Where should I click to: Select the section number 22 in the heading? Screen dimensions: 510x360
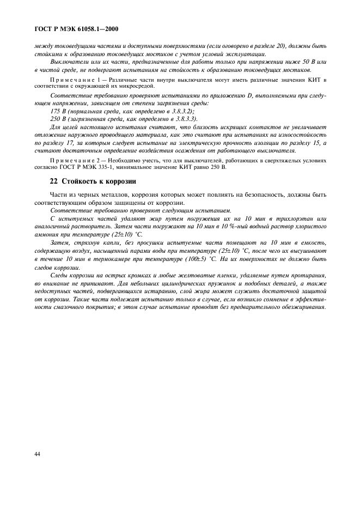[53, 181]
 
